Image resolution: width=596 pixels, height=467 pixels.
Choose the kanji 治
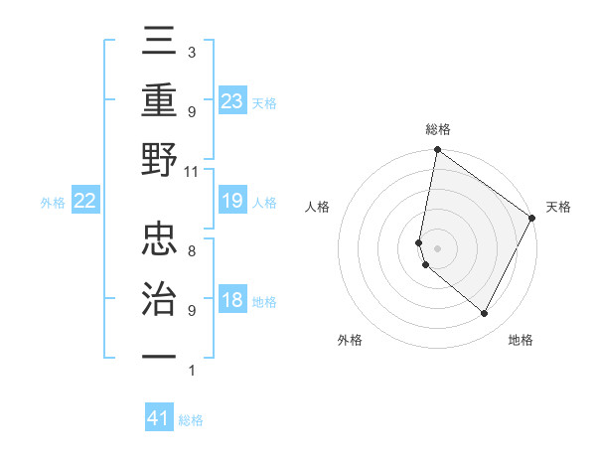[x=160, y=297]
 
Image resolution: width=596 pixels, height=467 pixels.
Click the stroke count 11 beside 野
[x=191, y=171]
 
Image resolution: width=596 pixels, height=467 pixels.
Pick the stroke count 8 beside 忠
[x=191, y=251]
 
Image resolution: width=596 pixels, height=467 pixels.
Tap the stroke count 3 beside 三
[x=191, y=52]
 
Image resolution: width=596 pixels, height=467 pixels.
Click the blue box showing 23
[x=231, y=100]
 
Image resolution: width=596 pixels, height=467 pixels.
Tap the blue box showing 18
[x=231, y=301]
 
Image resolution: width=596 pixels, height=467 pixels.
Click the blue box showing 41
[x=159, y=418]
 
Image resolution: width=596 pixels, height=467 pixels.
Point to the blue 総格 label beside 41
[x=191, y=420]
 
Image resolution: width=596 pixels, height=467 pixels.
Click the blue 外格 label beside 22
[x=53, y=203]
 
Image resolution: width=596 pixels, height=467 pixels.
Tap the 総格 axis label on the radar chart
[x=437, y=129]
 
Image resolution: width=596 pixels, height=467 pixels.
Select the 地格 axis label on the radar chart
[x=521, y=340]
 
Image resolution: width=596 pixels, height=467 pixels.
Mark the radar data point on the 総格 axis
[x=437, y=151]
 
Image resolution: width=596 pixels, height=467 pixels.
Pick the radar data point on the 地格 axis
[x=484, y=314]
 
